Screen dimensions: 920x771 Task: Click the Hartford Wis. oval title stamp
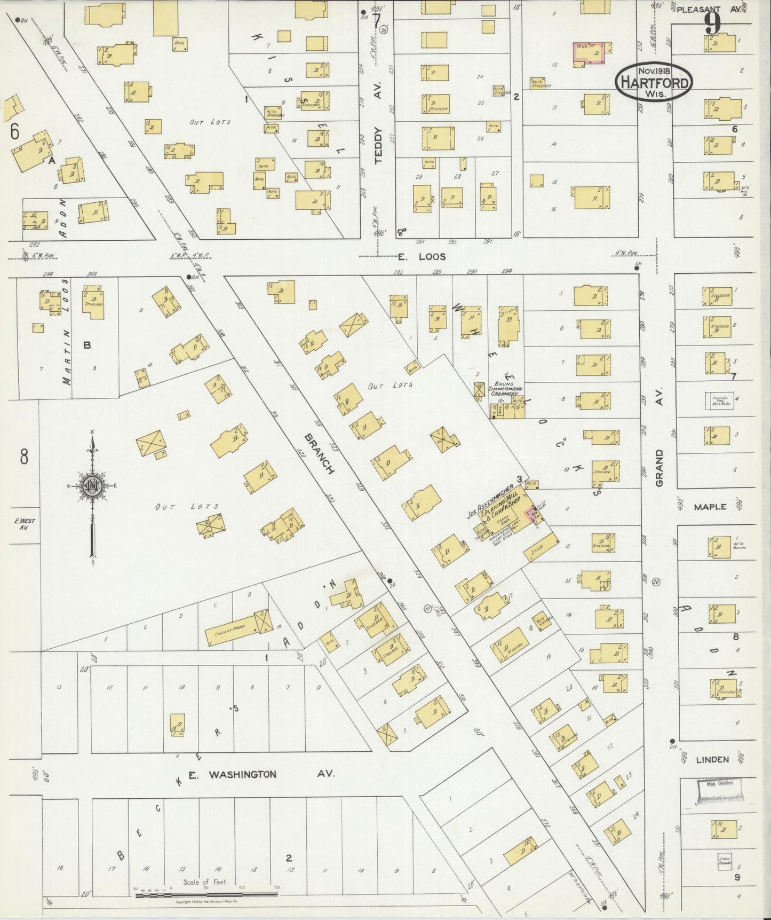(x=654, y=82)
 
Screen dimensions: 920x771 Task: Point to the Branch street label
(x=319, y=453)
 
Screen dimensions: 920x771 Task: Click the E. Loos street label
(x=422, y=257)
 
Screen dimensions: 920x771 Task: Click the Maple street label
(x=710, y=506)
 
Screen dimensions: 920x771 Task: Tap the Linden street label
(x=712, y=759)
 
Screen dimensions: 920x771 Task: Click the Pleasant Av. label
(x=705, y=9)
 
